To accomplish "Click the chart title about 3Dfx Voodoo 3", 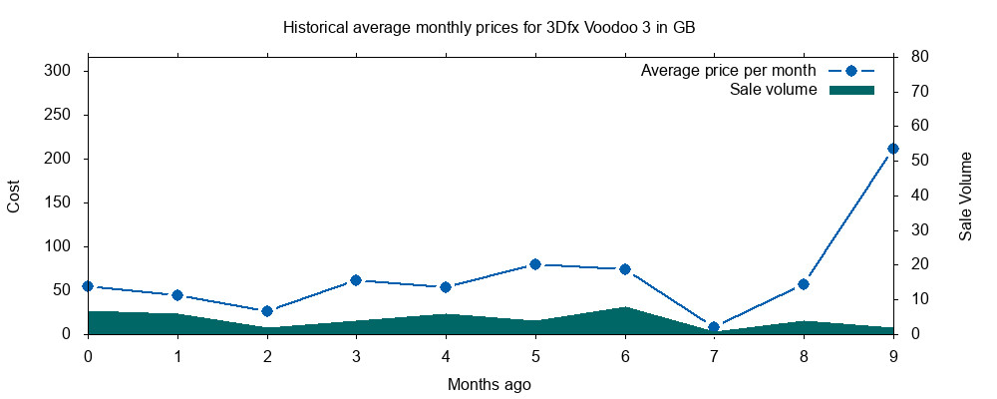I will coord(489,27).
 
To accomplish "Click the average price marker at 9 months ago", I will coord(893,149).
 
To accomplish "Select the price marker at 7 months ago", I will coord(714,327).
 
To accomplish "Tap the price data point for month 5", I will coord(535,264).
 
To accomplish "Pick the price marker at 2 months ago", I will coord(267,311).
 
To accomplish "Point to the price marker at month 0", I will coord(88,286).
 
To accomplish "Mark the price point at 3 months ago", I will coord(356,280).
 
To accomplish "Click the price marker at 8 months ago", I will coord(804,284).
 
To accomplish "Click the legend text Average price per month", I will coord(729,71).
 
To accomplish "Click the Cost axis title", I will coord(14,196).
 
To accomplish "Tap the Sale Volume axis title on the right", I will coord(965,196).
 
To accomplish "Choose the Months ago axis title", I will coord(489,384).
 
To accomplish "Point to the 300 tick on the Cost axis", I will coord(57,71).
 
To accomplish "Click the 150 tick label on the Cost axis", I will coord(57,202).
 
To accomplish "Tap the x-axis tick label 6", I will coord(625,355).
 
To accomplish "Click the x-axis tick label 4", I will coord(446,355).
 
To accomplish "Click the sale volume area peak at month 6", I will coord(625,310).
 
